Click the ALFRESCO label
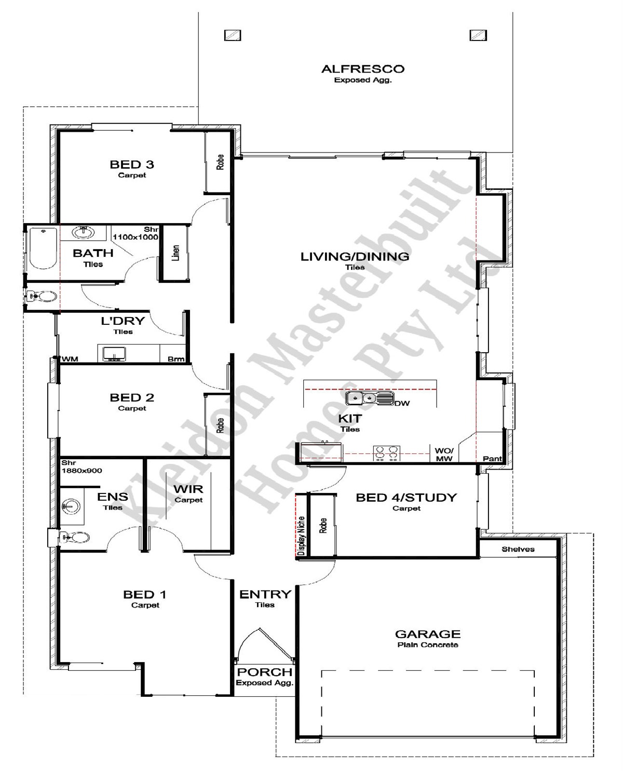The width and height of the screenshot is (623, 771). click(362, 69)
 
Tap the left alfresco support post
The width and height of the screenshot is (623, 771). click(233, 35)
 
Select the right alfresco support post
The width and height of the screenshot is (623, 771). click(478, 35)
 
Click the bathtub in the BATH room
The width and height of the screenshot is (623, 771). click(43, 248)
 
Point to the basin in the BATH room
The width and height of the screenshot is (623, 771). click(84, 232)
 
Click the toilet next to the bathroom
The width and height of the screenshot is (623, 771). click(42, 296)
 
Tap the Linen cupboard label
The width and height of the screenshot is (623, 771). click(175, 253)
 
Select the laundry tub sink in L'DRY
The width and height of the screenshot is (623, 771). click(114, 354)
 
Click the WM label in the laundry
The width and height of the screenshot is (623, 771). click(70, 359)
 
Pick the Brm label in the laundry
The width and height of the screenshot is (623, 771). click(175, 359)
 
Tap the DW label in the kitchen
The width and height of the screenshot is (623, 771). click(402, 403)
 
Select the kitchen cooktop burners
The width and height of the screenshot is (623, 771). click(386, 453)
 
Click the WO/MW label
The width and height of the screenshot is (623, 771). click(444, 455)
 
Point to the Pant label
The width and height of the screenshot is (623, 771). click(492, 459)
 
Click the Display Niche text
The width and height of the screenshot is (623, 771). click(301, 536)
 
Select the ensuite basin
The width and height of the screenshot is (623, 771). click(71, 506)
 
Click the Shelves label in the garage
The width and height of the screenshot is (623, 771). click(518, 549)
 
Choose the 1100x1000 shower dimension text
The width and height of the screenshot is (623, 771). click(136, 237)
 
